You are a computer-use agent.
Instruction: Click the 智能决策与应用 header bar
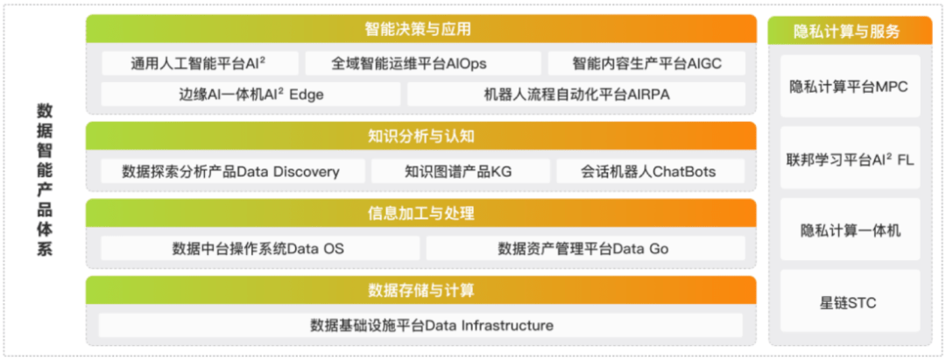point(421,29)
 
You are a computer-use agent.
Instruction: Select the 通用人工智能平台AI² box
point(200,63)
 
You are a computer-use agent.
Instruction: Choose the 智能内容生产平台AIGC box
point(646,63)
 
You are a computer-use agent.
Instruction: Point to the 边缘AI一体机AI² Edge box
point(251,94)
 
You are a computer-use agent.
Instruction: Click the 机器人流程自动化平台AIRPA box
point(576,94)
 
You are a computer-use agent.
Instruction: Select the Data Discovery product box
point(233,172)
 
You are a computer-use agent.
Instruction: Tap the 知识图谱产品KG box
point(461,172)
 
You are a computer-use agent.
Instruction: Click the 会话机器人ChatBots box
point(650,172)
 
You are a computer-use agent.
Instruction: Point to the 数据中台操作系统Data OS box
point(260,249)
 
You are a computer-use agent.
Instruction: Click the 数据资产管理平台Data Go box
point(586,249)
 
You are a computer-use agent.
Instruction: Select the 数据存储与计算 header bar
point(421,291)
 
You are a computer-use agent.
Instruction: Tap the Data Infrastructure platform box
point(421,326)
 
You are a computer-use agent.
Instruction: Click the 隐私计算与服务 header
point(850,31)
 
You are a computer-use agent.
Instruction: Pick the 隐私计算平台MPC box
point(851,86)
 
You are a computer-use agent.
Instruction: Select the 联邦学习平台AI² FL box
point(851,158)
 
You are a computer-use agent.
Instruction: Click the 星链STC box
point(851,301)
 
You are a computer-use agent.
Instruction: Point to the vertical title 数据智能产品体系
point(45,180)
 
